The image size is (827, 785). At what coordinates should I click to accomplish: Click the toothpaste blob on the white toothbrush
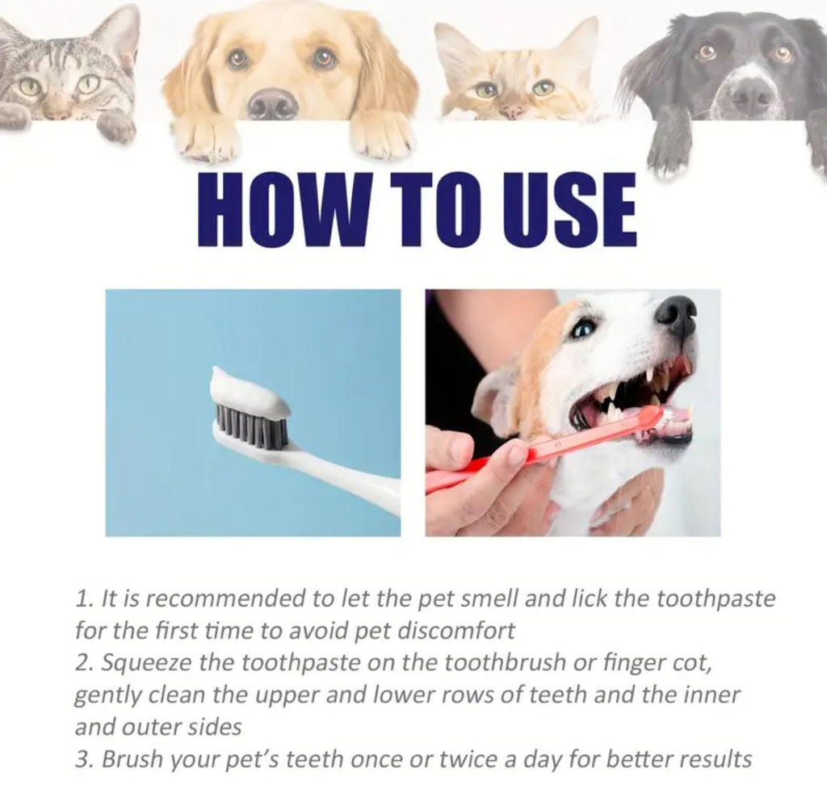click(248, 392)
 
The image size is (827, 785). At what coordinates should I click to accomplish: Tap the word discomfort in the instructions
click(455, 631)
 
